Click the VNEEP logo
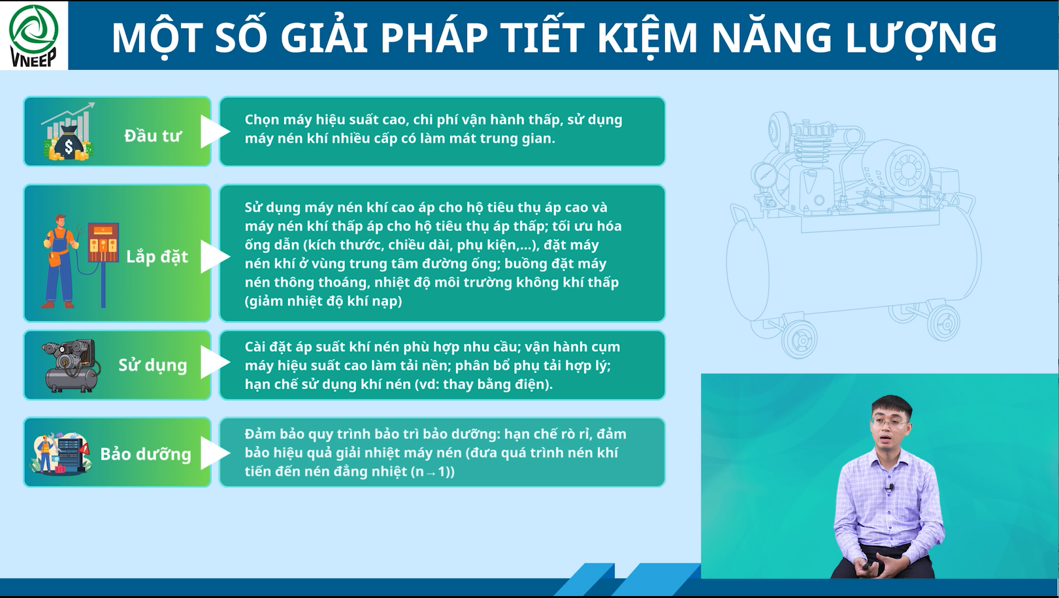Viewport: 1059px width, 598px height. pyautogui.click(x=33, y=35)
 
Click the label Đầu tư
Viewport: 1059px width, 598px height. pyautogui.click(x=153, y=136)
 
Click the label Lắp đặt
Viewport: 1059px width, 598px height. pyautogui.click(x=157, y=257)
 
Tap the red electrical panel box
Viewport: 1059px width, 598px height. pyautogui.click(x=103, y=243)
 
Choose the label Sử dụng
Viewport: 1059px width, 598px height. pyautogui.click(x=152, y=365)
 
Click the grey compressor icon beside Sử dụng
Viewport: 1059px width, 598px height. pyautogui.click(x=71, y=366)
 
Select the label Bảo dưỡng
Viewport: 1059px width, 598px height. pyautogui.click(x=146, y=454)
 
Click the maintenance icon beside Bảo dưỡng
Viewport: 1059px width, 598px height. pyautogui.click(x=60, y=452)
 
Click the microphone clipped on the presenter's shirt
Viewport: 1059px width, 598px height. pyautogui.click(x=891, y=487)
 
